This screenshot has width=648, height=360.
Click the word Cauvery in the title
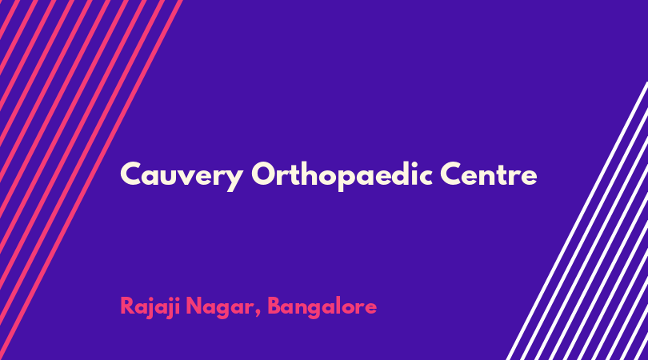click(181, 176)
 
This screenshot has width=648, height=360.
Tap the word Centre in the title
click(489, 174)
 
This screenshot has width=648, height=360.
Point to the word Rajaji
click(150, 307)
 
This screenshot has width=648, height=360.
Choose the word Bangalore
click(322, 307)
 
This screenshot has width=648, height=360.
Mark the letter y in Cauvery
click(233, 179)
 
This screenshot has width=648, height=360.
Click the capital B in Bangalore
click(275, 306)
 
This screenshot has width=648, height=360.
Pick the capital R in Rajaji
click(127, 306)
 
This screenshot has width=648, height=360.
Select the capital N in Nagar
click(194, 306)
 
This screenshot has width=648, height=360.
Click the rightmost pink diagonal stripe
click(91, 180)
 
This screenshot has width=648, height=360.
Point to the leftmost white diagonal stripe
click(578, 221)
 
